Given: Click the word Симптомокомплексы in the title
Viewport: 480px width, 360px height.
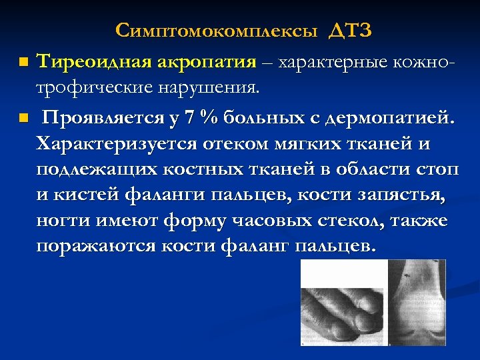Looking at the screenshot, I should click(217, 31).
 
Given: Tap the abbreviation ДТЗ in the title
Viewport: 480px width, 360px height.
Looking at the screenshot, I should click(349, 31).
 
